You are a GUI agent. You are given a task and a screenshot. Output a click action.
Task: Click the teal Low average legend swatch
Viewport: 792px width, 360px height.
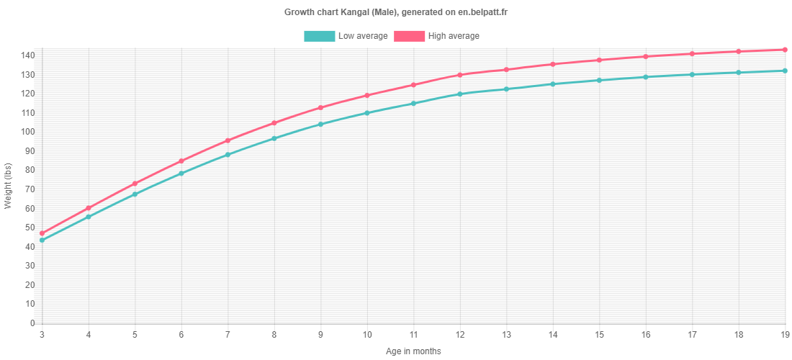pos(319,36)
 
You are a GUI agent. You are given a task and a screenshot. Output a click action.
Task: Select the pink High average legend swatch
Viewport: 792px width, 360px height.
pos(409,36)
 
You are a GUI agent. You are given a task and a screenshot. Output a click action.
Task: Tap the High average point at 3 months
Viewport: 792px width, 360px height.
pos(42,233)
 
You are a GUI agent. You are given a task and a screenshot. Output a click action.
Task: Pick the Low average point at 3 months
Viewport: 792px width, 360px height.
pos(42,240)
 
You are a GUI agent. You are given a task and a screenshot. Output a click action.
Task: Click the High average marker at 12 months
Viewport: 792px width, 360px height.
pos(460,75)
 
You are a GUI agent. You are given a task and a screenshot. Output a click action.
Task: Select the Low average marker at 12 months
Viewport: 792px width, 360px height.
pos(460,94)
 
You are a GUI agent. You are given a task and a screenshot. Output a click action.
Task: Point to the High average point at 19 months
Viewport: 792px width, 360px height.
pos(785,50)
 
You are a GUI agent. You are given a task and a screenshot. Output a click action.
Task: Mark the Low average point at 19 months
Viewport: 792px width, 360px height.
pos(785,71)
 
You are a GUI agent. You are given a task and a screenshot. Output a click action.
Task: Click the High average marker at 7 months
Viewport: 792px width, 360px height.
pos(228,140)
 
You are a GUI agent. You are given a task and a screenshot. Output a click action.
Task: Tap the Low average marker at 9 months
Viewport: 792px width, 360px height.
pos(320,125)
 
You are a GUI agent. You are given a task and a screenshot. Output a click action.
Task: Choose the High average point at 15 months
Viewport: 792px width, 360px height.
pos(599,60)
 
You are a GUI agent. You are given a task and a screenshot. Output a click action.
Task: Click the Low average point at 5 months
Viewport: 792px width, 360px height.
pos(135,194)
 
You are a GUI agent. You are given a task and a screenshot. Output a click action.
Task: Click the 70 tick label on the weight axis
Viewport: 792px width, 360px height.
pos(28,189)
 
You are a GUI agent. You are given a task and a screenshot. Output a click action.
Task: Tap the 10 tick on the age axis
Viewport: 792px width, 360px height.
pos(366,335)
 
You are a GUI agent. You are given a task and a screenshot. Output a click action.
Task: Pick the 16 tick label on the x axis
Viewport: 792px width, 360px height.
pos(645,335)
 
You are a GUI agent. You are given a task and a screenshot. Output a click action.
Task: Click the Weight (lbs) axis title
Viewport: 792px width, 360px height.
pos(9,186)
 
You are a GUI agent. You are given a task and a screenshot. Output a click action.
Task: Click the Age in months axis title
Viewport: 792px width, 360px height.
pos(413,351)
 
